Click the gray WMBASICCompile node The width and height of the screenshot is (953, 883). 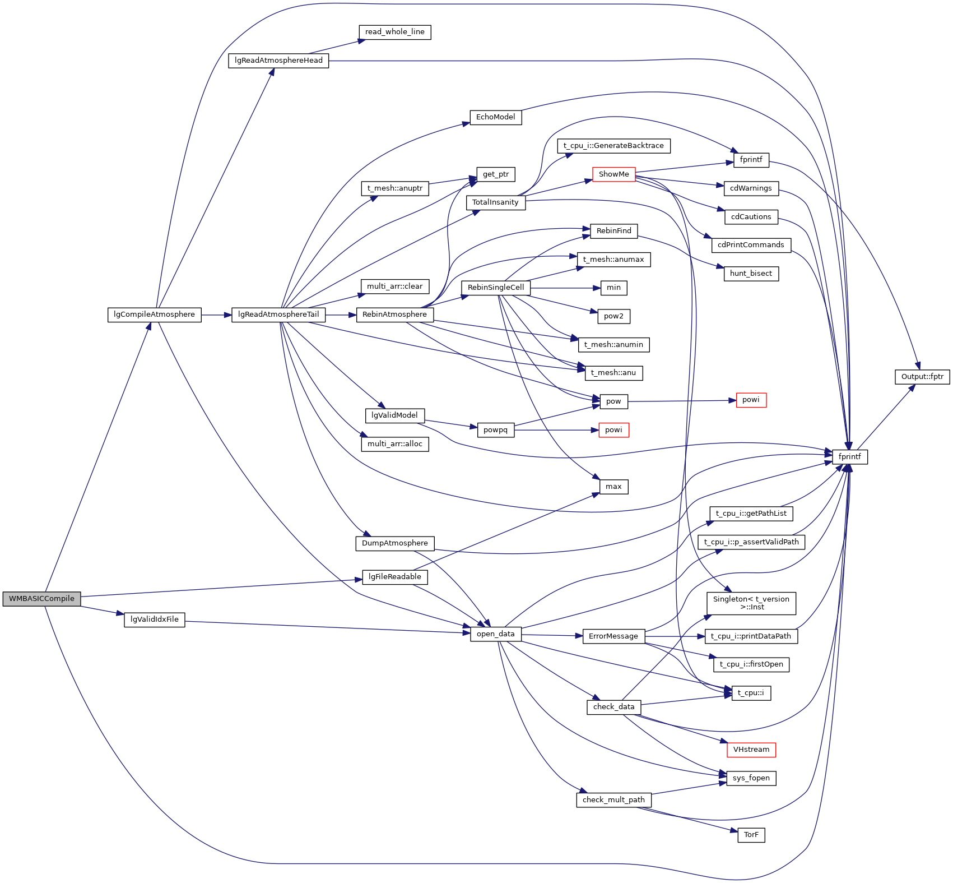(41, 599)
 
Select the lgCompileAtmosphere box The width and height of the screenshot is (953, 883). (154, 315)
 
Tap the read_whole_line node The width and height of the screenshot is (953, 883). (394, 32)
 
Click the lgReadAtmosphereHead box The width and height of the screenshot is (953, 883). (278, 61)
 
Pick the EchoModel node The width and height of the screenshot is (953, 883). (495, 117)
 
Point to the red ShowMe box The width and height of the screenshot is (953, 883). (613, 174)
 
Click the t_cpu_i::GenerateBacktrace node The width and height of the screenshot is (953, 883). (613, 146)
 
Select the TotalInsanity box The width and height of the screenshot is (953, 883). (495, 202)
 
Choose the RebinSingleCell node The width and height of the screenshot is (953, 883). (495, 288)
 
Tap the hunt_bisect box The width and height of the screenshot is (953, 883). (751, 274)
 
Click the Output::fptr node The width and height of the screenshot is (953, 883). (922, 377)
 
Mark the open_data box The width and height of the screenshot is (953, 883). (495, 634)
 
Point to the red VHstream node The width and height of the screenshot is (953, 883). (751, 750)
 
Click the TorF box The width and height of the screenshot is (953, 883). (751, 835)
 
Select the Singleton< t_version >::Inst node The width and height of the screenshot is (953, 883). (751, 603)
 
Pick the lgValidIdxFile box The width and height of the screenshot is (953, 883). (154, 620)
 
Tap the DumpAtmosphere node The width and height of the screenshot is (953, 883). (394, 543)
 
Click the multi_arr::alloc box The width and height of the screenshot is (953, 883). (394, 444)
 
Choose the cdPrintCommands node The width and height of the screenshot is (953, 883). (751, 245)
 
